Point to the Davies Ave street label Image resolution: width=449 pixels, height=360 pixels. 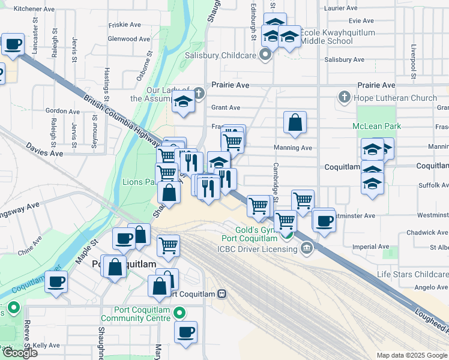(x=44, y=150)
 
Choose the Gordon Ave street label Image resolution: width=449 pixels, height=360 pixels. (x=58, y=110)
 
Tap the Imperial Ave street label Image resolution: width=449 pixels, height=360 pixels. (x=372, y=247)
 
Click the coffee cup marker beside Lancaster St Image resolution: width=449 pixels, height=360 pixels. (x=13, y=44)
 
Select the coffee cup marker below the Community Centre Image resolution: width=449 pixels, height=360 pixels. (x=186, y=332)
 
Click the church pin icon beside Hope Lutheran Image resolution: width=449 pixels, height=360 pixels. (x=344, y=97)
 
